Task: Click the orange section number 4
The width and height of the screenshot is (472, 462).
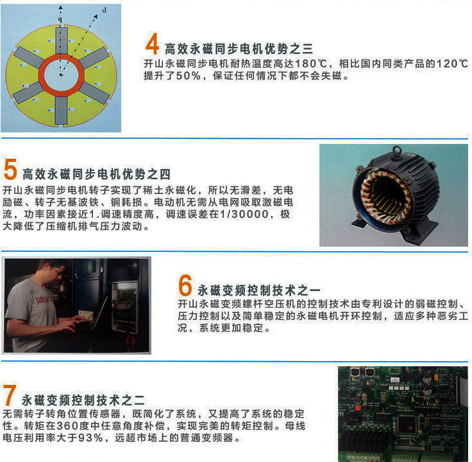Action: tap(152, 44)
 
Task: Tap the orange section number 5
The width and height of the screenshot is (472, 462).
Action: tap(10, 169)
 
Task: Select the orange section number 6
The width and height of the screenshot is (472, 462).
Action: tap(185, 285)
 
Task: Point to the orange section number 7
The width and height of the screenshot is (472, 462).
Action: tap(10, 395)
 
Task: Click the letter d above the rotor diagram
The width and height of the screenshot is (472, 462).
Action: tap(104, 10)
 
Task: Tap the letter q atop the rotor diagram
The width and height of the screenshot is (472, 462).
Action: tap(60, 20)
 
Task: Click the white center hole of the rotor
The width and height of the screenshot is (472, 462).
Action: tap(61, 75)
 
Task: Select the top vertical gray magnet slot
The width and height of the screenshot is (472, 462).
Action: tap(62, 40)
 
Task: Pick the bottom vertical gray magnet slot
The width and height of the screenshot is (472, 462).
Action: tap(61, 111)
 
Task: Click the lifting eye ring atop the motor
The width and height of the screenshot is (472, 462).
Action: tap(397, 150)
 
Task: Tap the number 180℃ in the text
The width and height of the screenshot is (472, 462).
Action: tap(310, 64)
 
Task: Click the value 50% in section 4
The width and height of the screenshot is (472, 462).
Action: tap(188, 76)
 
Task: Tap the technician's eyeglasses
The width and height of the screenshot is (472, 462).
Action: tap(57, 271)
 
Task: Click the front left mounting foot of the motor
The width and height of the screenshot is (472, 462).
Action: tap(359, 224)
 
